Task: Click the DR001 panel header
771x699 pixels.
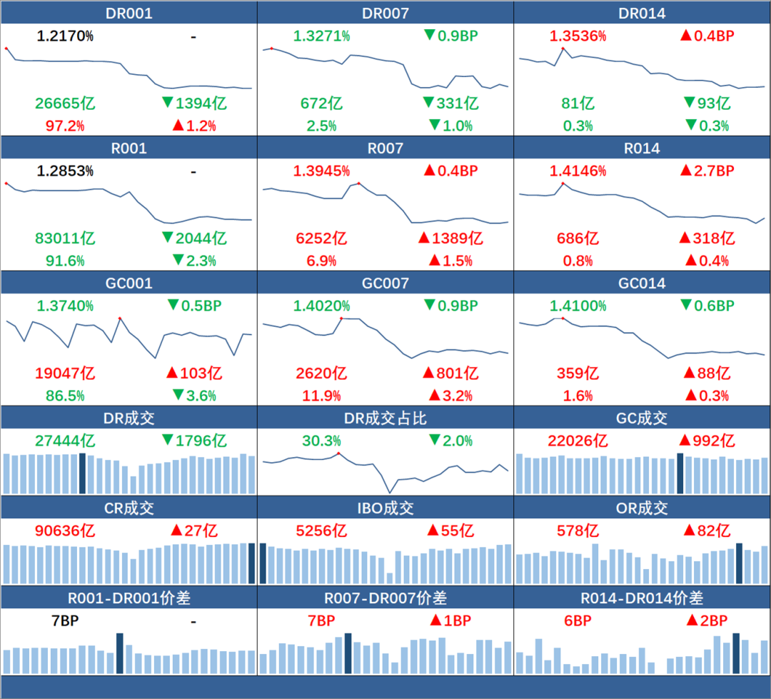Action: coord(128,13)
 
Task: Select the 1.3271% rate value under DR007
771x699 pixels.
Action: coord(321,36)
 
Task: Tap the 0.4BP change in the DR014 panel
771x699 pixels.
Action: coord(707,36)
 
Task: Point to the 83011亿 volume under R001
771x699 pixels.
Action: coord(65,238)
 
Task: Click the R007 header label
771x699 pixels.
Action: coord(385,148)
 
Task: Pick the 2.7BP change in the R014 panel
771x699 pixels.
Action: coord(707,171)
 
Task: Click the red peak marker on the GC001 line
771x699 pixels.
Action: coord(120,318)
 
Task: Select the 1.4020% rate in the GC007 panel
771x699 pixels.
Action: coord(321,306)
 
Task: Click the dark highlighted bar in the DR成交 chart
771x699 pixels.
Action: coord(83,473)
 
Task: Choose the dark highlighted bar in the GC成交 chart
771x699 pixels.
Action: coord(680,473)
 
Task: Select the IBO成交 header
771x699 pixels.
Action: coord(385,508)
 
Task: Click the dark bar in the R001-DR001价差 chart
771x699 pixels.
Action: coord(120,653)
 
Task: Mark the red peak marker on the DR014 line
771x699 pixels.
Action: coord(563,48)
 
